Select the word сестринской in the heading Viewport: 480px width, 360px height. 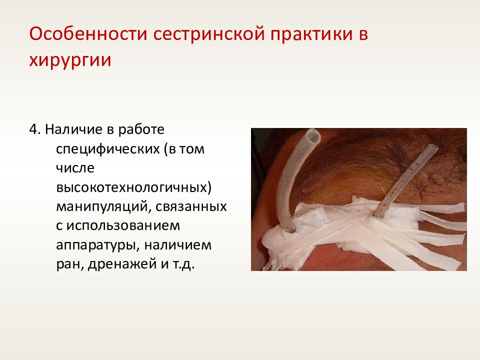209,34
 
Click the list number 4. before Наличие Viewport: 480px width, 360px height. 35,129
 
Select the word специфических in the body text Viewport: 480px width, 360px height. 108,149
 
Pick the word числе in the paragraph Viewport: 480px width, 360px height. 75,168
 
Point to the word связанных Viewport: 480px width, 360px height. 191,207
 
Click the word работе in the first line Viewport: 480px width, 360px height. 141,130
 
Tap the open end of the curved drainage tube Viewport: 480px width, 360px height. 312,136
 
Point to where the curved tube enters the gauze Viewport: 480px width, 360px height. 289,228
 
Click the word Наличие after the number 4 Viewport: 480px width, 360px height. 73,129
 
